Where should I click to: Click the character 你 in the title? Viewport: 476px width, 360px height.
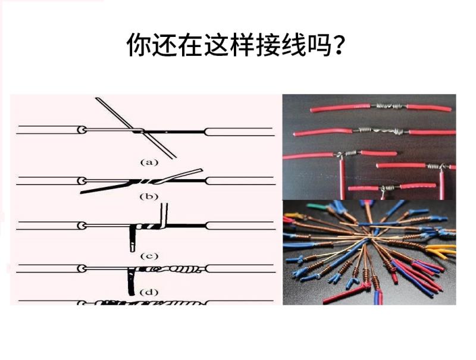tap(139, 45)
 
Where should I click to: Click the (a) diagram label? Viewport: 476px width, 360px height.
tap(149, 162)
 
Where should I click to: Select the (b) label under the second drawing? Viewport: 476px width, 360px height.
tap(149, 196)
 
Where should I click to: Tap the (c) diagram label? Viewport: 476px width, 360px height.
tap(149, 256)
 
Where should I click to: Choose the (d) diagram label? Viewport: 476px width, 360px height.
tap(149, 292)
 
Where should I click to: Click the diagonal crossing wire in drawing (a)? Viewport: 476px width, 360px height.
tap(136, 128)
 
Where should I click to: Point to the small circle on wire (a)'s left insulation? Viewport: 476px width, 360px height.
tap(82, 130)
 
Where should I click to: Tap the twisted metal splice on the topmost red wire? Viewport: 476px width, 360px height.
tap(389, 106)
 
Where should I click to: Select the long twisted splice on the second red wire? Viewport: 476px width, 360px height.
tap(381, 131)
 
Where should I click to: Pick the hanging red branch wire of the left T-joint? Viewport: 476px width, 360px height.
tap(343, 179)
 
